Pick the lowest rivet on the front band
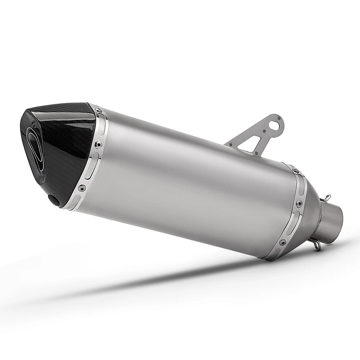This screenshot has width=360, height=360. tap(82, 187)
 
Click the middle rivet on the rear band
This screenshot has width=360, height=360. tap(298, 204)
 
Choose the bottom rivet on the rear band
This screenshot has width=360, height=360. tap(283, 243)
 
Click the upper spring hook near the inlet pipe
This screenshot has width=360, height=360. tap(327, 197)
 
